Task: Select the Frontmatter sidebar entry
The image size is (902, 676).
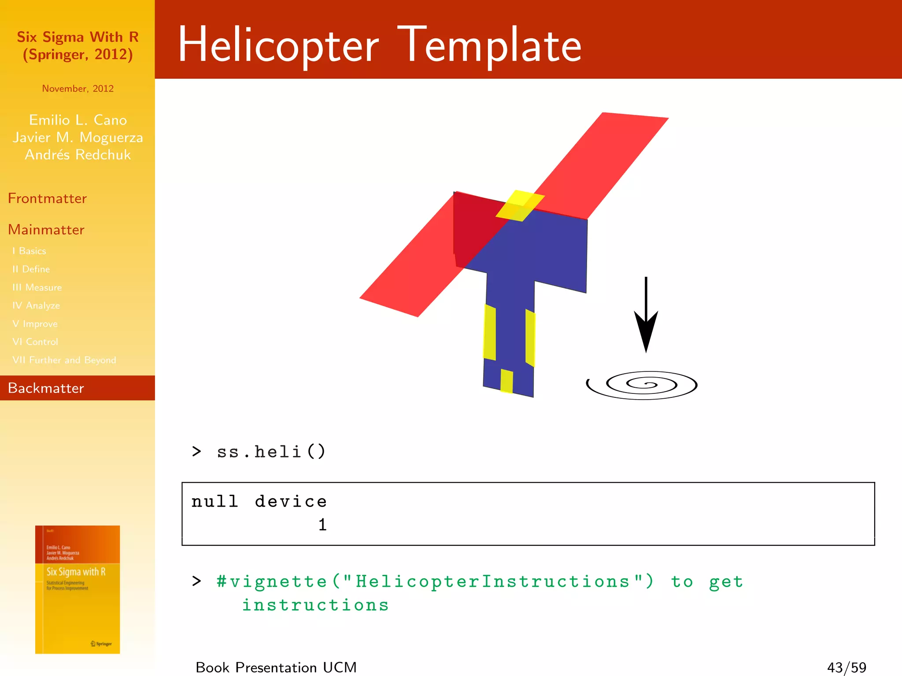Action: point(47,198)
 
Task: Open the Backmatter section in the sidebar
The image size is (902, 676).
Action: point(46,388)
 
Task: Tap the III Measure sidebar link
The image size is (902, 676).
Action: point(37,287)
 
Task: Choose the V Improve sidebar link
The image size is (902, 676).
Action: point(35,324)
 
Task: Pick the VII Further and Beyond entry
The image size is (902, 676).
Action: point(64,360)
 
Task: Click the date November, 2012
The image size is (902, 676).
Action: point(78,88)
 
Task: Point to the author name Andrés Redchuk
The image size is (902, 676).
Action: point(78,155)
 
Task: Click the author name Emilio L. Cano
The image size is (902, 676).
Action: point(78,120)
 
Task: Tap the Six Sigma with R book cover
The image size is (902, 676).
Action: point(78,589)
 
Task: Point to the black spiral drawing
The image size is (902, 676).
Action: point(642,385)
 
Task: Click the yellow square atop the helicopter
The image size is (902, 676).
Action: point(520,206)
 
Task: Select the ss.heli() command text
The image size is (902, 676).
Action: point(271,452)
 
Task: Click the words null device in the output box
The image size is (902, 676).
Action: point(259,502)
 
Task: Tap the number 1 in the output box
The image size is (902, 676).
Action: point(322,525)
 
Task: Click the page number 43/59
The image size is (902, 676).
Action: point(846,667)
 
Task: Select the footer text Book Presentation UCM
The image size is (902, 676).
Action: point(276,667)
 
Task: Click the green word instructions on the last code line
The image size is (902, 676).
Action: point(315,605)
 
